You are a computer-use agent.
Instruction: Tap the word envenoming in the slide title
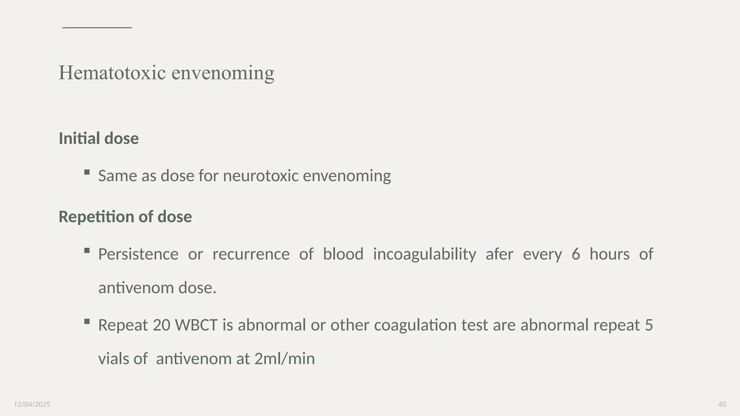pyautogui.click(x=223, y=73)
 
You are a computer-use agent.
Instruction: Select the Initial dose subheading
pyautogui.click(x=99, y=138)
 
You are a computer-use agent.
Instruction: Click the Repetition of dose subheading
pyautogui.click(x=125, y=217)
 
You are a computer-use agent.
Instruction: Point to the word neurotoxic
pyautogui.click(x=261, y=176)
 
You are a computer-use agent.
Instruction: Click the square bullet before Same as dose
pyautogui.click(x=87, y=172)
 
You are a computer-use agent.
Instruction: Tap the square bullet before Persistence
pyautogui.click(x=87, y=251)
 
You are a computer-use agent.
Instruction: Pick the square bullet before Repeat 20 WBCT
pyautogui.click(x=87, y=321)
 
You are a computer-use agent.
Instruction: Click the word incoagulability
pyautogui.click(x=425, y=254)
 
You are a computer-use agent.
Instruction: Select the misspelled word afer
pyautogui.click(x=499, y=254)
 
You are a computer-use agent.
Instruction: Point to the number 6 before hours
pyautogui.click(x=576, y=254)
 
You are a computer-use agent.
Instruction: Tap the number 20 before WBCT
pyautogui.click(x=162, y=325)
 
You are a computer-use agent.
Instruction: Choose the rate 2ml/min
pyautogui.click(x=284, y=359)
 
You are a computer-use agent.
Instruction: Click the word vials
pyautogui.click(x=114, y=359)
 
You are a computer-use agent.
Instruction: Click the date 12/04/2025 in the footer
pyautogui.click(x=32, y=404)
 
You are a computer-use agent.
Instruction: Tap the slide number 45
pyautogui.click(x=722, y=404)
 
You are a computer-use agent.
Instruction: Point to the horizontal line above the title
pyautogui.click(x=97, y=27)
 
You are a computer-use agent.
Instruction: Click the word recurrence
pyautogui.click(x=251, y=254)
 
